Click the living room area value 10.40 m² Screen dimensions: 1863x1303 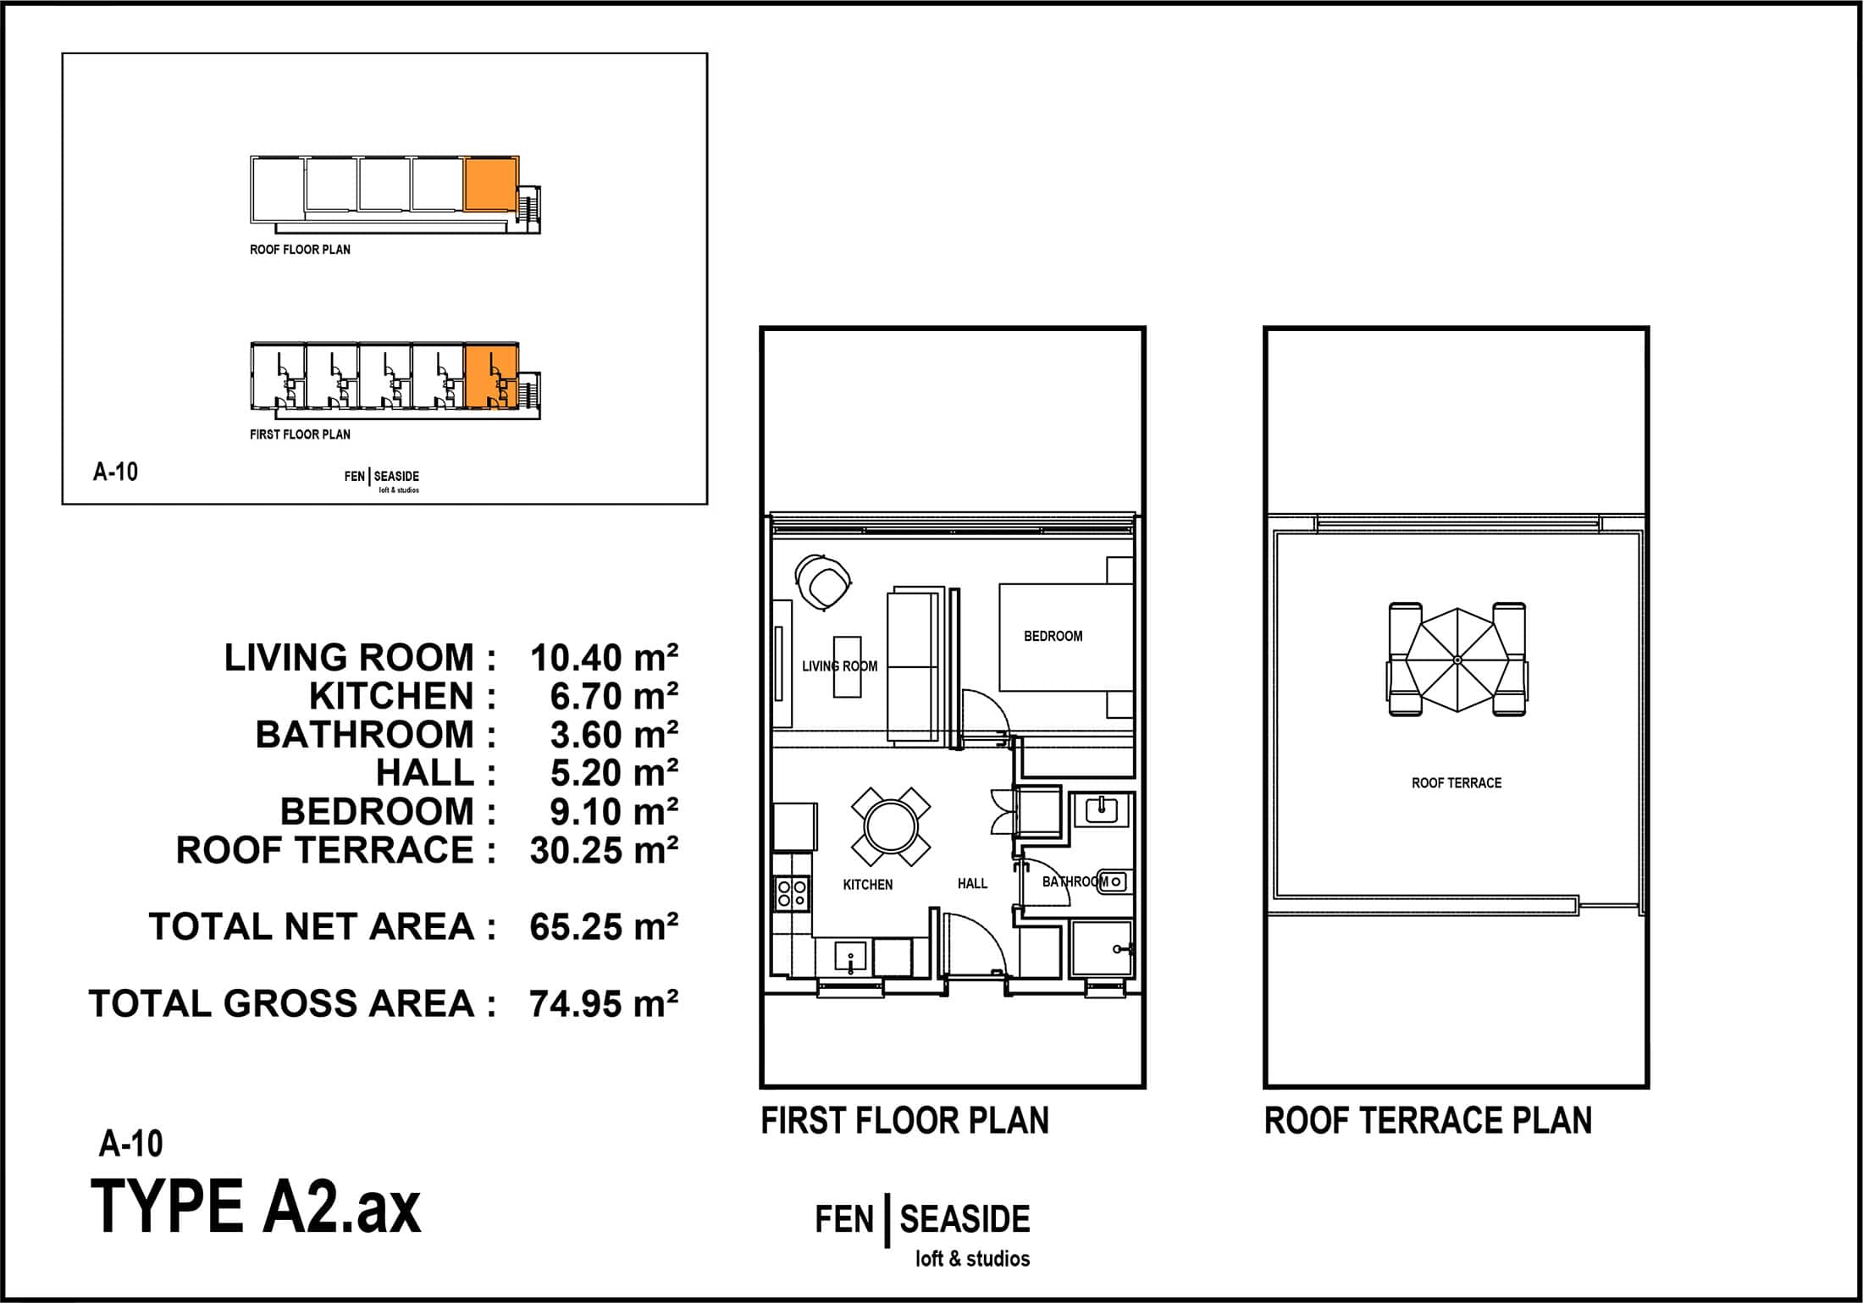[604, 658]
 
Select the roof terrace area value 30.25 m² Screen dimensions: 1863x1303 [604, 850]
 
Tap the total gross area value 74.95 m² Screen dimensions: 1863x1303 [604, 1004]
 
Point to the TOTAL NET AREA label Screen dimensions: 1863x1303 [322, 927]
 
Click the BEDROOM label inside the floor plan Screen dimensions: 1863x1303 [1053, 636]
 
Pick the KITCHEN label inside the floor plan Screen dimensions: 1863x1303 [868, 884]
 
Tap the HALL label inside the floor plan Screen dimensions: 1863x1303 [972, 883]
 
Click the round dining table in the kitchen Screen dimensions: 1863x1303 [890, 826]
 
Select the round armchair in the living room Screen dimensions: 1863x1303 [824, 582]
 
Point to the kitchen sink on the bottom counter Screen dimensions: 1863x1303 [850, 957]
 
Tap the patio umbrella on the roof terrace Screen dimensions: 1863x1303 [1457, 660]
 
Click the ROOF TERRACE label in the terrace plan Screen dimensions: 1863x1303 [1457, 783]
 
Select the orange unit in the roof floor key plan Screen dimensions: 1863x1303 [490, 184]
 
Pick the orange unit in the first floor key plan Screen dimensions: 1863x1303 [491, 374]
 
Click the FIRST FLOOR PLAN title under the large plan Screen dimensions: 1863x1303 [904, 1120]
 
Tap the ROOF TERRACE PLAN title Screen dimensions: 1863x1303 [1428, 1120]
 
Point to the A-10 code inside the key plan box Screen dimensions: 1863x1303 [115, 472]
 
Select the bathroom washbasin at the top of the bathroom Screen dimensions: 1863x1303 [1102, 809]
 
